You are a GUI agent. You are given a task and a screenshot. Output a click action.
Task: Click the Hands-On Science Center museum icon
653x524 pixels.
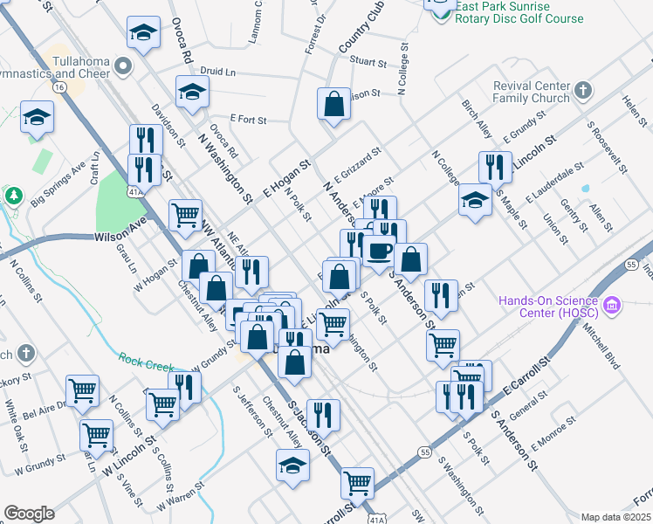612,307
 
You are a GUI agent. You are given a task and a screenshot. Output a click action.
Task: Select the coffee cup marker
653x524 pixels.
379,250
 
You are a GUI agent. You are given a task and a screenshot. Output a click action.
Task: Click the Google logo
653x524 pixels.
29,514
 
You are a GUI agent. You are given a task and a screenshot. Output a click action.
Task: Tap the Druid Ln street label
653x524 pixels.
218,71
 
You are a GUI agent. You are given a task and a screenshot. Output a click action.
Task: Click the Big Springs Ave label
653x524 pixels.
58,184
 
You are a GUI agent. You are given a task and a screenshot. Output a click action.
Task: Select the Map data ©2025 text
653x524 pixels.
615,517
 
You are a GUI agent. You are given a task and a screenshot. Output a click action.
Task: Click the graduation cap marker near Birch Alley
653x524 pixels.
475,200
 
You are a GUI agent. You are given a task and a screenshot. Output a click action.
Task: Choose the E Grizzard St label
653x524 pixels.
356,164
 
